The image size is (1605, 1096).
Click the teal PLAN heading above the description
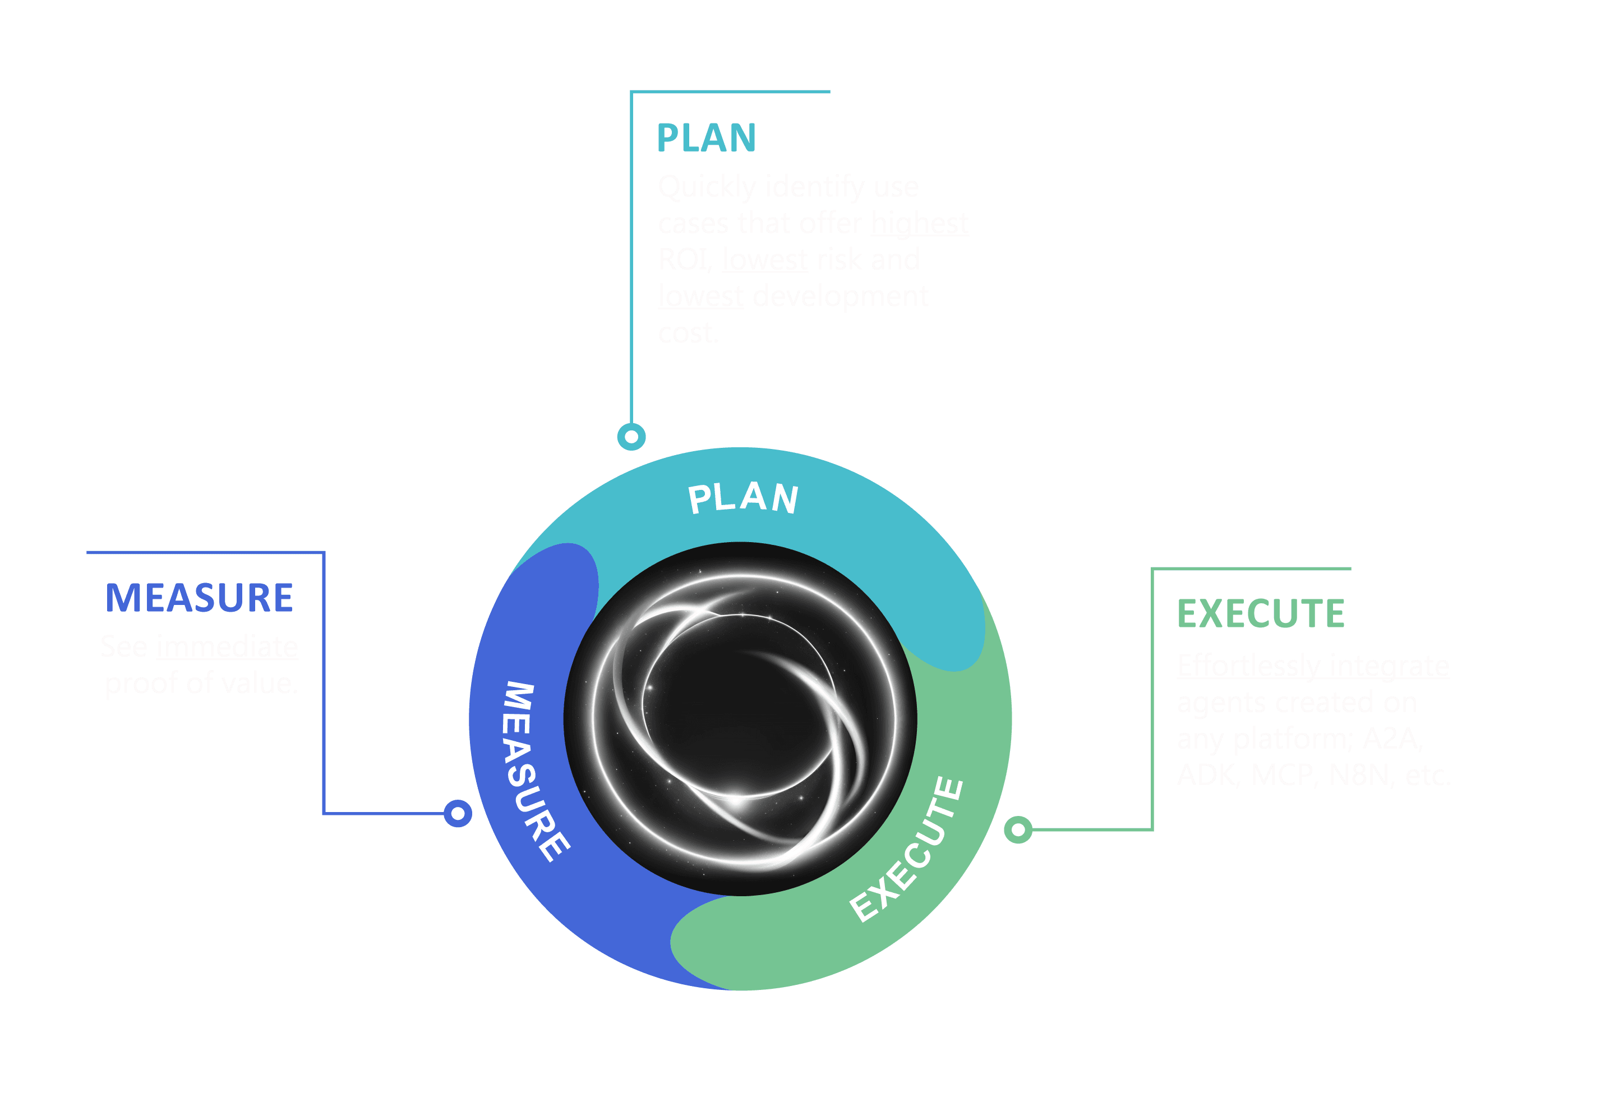pos(706,138)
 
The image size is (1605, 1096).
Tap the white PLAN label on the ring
pos(743,498)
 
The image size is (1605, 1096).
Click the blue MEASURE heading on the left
pos(199,598)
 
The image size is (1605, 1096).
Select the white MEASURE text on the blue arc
pos(535,771)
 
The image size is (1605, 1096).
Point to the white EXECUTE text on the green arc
pos(907,850)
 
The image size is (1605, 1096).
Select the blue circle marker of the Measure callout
pos(457,813)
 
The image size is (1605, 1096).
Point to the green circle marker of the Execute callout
pos(1018,829)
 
